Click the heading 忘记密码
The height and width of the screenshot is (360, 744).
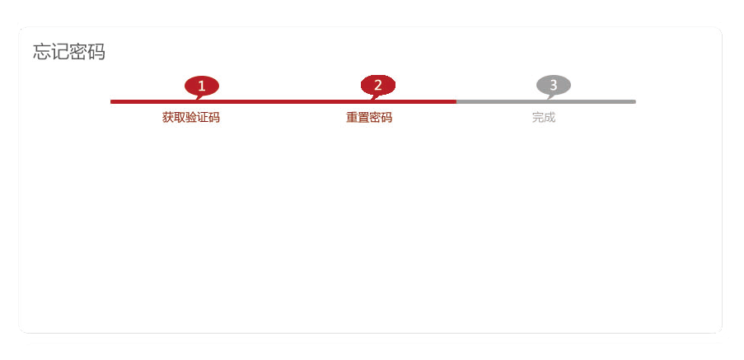click(69, 52)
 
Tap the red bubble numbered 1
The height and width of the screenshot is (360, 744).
click(202, 86)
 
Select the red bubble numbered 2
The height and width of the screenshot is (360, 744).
click(377, 86)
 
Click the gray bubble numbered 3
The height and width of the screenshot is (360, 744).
click(553, 86)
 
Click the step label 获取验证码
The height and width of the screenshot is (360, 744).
click(191, 117)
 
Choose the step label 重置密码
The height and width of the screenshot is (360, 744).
click(369, 117)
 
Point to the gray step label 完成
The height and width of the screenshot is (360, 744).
click(544, 117)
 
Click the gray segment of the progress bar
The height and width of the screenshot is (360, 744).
click(546, 101)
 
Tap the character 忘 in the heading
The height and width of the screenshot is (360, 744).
click(42, 52)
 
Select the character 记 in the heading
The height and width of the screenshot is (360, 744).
click(60, 52)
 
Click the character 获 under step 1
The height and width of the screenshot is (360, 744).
click(168, 117)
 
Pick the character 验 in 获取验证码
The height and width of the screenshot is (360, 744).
click(191, 117)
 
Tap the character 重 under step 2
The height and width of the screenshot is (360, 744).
click(352, 117)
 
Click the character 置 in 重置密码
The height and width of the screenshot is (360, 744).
click(363, 117)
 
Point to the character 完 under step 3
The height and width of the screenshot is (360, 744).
click(537, 117)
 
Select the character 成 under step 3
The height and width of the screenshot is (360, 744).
click(550, 117)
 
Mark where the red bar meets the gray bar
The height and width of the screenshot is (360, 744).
click(456, 101)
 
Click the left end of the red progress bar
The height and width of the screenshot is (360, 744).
click(111, 101)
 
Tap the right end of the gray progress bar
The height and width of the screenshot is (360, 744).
click(635, 101)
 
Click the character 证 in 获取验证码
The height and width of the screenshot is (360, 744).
click(202, 117)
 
